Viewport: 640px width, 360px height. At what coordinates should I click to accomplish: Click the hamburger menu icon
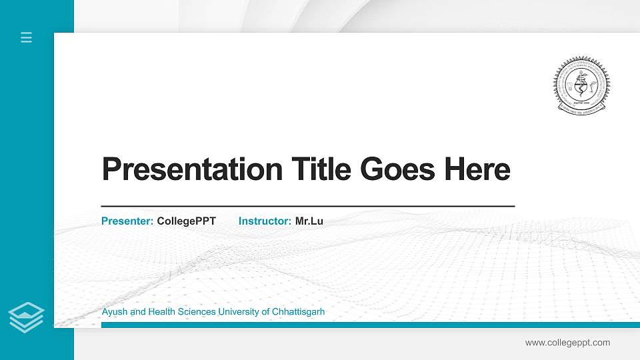click(x=26, y=37)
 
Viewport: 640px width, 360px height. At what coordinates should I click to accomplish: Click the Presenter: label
click(x=127, y=221)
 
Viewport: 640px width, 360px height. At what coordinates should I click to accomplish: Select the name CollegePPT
click(x=186, y=221)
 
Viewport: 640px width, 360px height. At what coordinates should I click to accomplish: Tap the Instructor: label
click(x=265, y=221)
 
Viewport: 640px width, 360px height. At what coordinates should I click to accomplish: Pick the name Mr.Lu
click(x=309, y=221)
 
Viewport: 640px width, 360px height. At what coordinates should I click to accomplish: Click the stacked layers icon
click(x=26, y=317)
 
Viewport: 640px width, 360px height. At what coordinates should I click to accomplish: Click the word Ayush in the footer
click(x=114, y=312)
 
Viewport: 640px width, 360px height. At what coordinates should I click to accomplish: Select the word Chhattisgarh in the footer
click(x=299, y=312)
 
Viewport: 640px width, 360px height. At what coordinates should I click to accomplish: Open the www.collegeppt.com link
click(x=567, y=343)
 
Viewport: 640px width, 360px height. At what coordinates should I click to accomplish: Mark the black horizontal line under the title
click(x=307, y=207)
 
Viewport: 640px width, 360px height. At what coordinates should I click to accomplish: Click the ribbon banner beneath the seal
click(x=582, y=107)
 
